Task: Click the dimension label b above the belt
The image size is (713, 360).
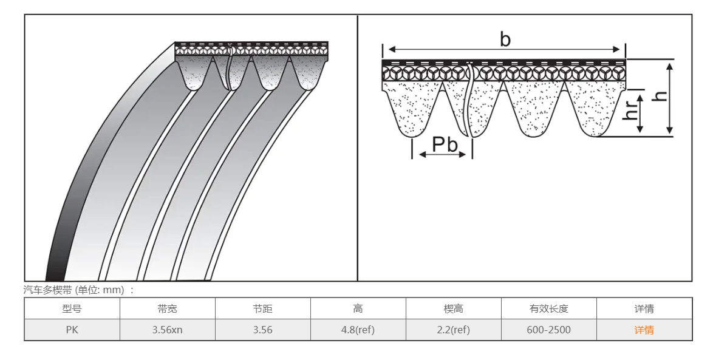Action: [x=505, y=40]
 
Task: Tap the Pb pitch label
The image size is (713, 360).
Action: [x=445, y=144]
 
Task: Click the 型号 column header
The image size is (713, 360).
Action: [x=72, y=308]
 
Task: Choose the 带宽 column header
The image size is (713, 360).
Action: [x=167, y=308]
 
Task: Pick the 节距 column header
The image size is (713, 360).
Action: [x=262, y=308]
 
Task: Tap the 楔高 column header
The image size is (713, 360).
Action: [x=453, y=308]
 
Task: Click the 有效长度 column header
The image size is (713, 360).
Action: [x=548, y=308]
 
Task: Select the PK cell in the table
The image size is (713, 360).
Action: [x=72, y=330]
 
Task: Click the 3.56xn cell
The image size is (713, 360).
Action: [x=167, y=330]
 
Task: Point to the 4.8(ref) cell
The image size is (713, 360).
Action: [x=358, y=330]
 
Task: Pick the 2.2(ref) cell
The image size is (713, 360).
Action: [x=453, y=330]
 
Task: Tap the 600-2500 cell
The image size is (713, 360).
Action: [x=548, y=330]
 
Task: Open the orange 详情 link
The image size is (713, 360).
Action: [x=644, y=330]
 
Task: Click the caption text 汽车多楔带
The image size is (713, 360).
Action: [x=47, y=290]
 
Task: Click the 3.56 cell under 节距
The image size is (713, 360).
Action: [x=262, y=330]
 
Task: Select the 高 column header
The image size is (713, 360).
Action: [x=358, y=308]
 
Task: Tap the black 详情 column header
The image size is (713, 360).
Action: [x=644, y=308]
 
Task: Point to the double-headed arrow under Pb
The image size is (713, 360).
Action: [x=443, y=155]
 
